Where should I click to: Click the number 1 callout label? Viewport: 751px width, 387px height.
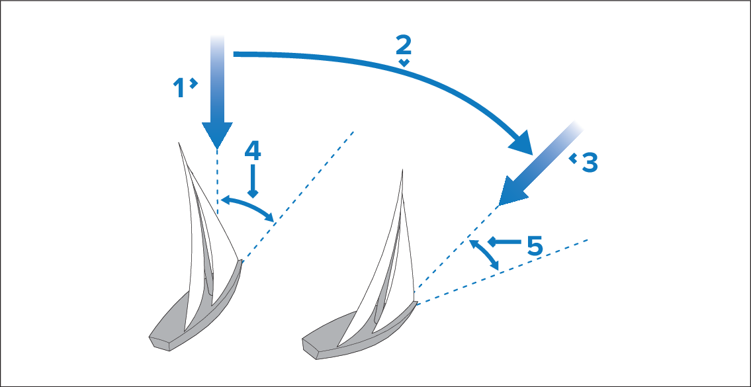(179, 88)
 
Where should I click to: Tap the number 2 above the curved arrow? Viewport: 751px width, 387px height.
(404, 45)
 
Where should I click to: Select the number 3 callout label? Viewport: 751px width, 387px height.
(590, 162)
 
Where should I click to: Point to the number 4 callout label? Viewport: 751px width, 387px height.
(252, 151)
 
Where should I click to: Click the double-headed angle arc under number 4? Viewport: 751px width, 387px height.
(248, 205)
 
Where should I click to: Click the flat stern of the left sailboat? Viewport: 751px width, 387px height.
(162, 342)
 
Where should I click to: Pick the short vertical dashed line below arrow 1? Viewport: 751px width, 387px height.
(217, 182)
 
